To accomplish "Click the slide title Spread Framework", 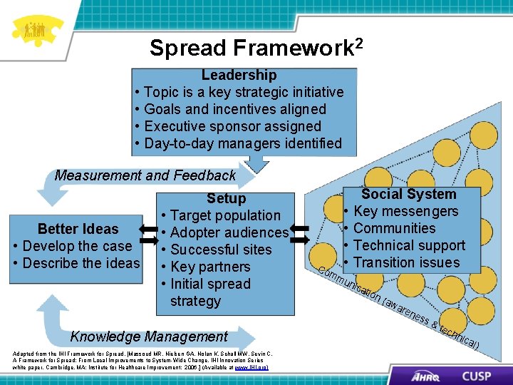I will click(x=256, y=47).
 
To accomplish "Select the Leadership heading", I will click(x=239, y=75).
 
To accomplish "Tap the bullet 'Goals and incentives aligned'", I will click(x=234, y=109).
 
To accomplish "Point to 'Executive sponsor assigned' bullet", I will click(x=232, y=126).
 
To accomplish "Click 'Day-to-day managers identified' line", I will click(x=242, y=143).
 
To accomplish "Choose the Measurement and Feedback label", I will click(x=145, y=175).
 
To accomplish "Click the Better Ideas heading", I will click(x=78, y=229).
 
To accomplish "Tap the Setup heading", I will click(x=226, y=199).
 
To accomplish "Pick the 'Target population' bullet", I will click(x=225, y=215).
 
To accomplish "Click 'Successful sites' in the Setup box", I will click(x=221, y=250).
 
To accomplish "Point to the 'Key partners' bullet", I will click(x=210, y=267).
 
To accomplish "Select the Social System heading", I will click(x=408, y=194).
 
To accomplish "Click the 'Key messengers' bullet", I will click(x=405, y=211).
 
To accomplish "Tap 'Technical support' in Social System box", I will click(x=409, y=245).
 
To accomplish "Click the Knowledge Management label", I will click(x=149, y=337).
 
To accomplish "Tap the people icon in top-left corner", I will click(x=34, y=30).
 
